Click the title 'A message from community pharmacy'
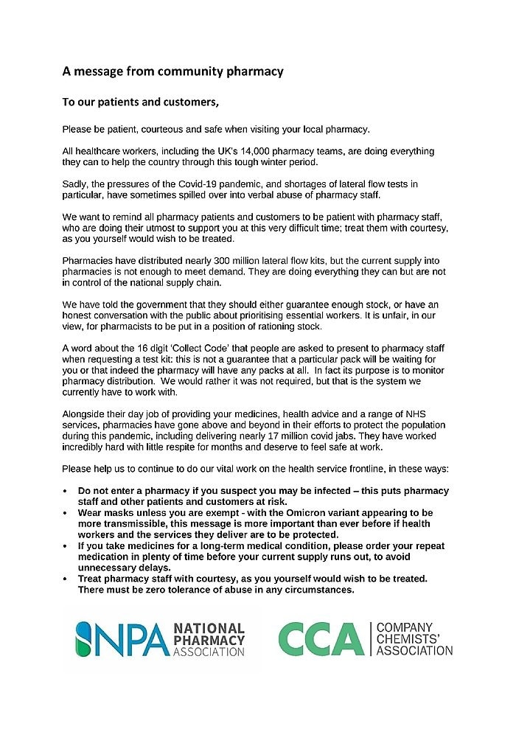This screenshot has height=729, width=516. pyautogui.click(x=172, y=71)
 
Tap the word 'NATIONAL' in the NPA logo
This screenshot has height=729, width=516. pyautogui.click(x=209, y=629)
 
